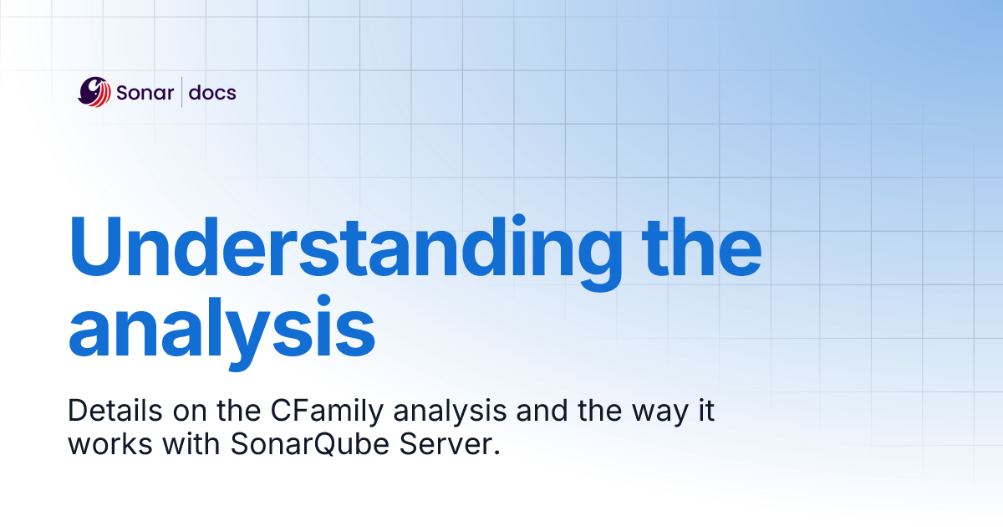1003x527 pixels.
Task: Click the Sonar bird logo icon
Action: point(94,92)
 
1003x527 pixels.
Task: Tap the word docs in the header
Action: point(212,93)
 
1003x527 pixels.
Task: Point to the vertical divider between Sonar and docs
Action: point(182,92)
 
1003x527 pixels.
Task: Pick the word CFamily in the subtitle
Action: point(318,411)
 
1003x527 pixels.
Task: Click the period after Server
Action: point(496,452)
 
